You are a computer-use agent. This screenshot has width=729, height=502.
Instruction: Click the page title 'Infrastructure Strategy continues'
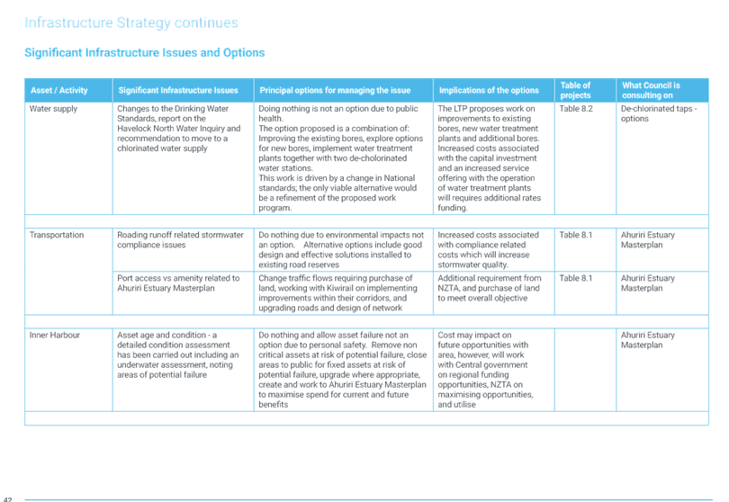click(x=131, y=22)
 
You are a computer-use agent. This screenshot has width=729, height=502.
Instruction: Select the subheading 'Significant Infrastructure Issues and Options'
click(x=145, y=52)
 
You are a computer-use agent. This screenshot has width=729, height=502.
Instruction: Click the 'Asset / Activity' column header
click(x=59, y=90)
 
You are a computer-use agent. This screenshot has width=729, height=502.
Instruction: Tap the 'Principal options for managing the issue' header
click(x=335, y=90)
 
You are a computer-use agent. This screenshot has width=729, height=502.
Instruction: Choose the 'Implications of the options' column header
click(x=489, y=90)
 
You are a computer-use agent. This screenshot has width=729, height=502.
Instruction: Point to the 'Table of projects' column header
click(x=575, y=90)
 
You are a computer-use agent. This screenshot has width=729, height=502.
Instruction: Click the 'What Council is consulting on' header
click(x=651, y=90)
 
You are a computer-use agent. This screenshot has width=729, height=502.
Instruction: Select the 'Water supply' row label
click(x=53, y=109)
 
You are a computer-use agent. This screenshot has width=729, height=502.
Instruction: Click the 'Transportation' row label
click(x=57, y=235)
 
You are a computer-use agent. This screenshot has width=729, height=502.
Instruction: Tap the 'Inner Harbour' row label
click(x=54, y=336)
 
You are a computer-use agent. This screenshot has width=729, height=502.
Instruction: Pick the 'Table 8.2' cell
click(x=576, y=109)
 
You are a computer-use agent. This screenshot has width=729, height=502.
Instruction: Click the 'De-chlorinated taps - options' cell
click(x=659, y=113)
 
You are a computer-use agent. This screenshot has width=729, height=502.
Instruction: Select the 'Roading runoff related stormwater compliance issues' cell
click(x=180, y=240)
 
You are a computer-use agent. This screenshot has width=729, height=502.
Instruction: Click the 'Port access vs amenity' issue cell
click(x=178, y=283)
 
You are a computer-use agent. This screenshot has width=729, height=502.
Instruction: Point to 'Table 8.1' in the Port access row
click(x=576, y=278)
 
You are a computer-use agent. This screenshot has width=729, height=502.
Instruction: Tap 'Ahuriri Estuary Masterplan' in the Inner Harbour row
click(x=648, y=340)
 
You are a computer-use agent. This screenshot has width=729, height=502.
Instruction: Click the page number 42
click(x=7, y=499)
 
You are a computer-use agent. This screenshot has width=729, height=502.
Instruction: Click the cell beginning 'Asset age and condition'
click(x=178, y=354)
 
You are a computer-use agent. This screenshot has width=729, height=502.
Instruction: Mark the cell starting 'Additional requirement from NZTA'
click(x=489, y=288)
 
